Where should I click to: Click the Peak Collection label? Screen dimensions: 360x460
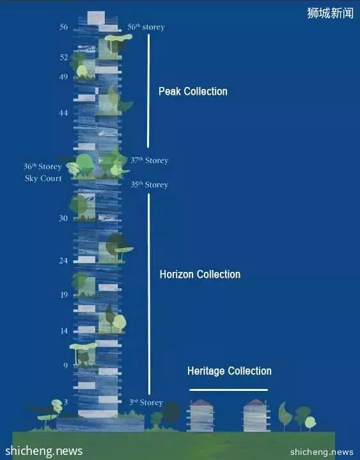click(x=193, y=91)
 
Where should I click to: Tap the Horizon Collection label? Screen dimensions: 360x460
click(x=200, y=274)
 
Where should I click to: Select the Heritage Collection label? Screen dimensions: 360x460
click(x=230, y=371)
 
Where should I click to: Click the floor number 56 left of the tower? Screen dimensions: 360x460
click(x=63, y=27)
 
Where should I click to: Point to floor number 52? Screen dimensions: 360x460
click(x=64, y=57)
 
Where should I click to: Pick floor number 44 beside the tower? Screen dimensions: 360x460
click(x=63, y=113)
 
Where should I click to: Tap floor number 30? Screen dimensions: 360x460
click(x=63, y=218)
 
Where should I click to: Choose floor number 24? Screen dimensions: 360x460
click(x=63, y=260)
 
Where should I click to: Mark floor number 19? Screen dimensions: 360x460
click(x=64, y=294)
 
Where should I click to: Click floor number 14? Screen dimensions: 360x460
click(x=64, y=331)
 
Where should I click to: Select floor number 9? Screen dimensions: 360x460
click(x=65, y=365)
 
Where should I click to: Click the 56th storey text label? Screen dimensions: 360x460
click(x=146, y=28)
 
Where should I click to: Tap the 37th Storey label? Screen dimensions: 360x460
click(x=150, y=161)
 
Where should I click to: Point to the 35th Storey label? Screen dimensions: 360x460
click(x=150, y=185)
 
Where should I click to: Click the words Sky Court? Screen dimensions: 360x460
click(x=43, y=178)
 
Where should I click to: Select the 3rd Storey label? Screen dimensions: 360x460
click(x=146, y=402)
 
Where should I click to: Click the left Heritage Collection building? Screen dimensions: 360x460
click(x=201, y=415)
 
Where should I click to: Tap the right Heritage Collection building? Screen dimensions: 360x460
click(x=256, y=415)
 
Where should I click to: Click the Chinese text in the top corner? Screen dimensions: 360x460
click(x=331, y=13)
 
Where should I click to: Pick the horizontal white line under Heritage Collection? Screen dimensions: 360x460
click(x=229, y=390)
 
